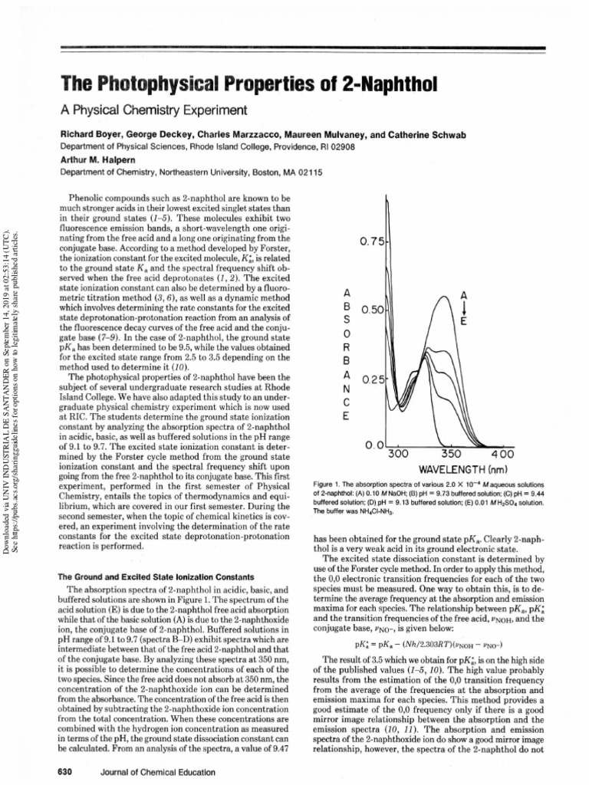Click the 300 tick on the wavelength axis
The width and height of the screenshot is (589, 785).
click(x=400, y=454)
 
